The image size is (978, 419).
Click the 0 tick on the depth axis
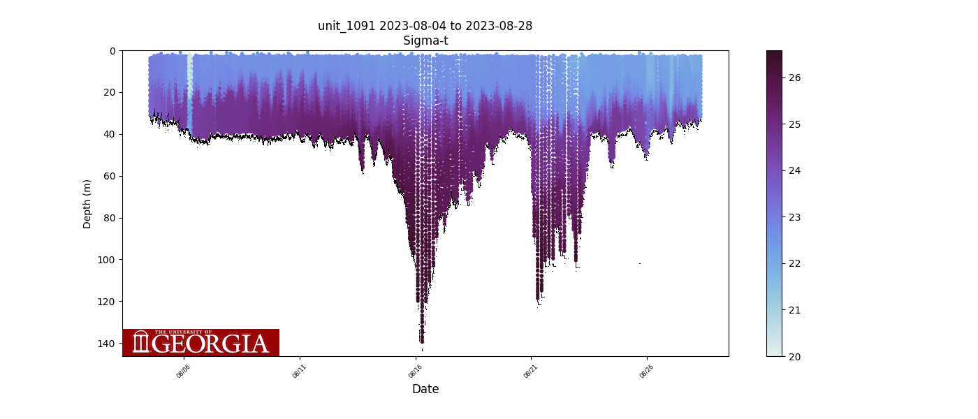coord(112,51)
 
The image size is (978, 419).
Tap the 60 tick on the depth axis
coord(110,176)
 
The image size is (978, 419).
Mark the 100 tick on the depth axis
coord(108,260)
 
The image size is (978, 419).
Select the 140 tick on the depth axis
coord(108,344)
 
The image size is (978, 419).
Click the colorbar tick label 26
coord(795,78)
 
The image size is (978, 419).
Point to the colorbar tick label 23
coord(795,217)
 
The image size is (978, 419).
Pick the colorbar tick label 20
coord(795,356)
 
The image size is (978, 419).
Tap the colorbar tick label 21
coord(795,310)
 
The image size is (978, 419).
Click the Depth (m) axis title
coord(87,204)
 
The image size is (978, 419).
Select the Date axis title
coord(425,389)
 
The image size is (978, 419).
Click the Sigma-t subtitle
coord(425,41)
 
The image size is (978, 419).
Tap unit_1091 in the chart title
coord(346,26)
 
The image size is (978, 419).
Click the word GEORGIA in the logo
coord(210,344)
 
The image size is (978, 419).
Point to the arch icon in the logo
coord(141,342)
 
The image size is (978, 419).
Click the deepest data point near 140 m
coord(422,341)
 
